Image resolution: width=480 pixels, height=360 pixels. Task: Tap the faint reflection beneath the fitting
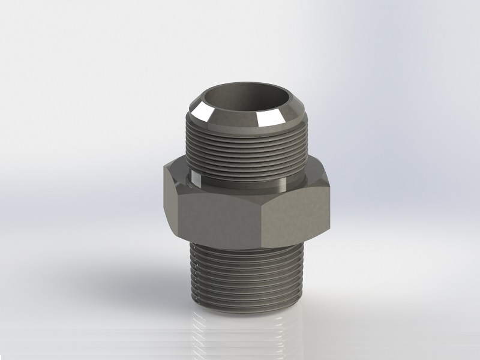click(x=246, y=336)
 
